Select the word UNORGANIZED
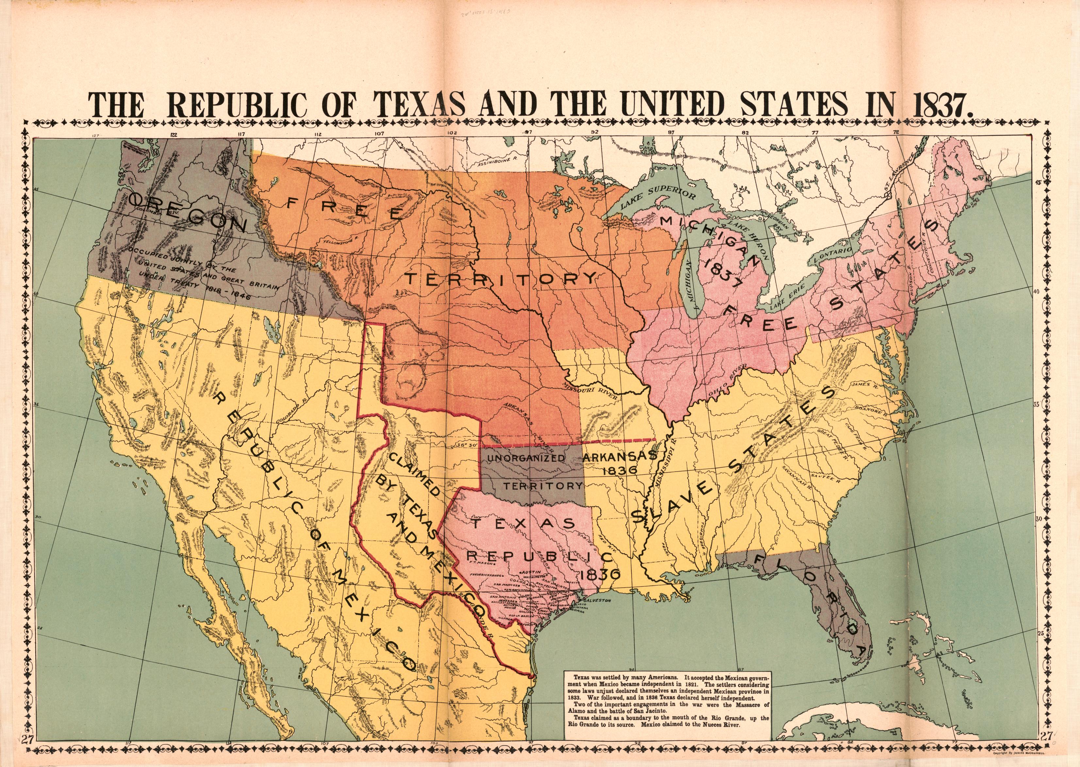525,458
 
